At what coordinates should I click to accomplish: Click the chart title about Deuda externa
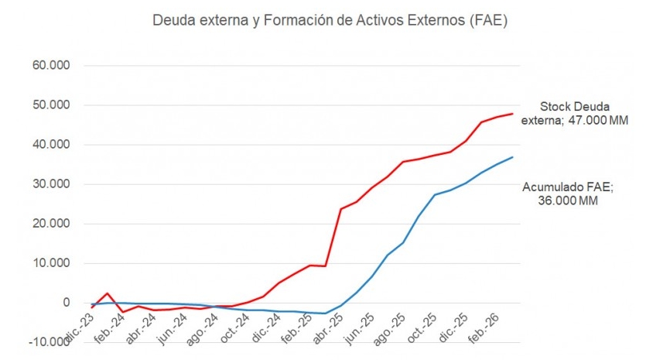coord(331,21)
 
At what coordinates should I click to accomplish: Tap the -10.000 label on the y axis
coord(49,342)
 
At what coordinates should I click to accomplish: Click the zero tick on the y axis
coord(66,303)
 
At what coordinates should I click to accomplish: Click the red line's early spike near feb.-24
coord(108,293)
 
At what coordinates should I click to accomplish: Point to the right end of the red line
coord(512,114)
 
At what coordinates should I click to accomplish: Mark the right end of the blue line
coord(512,157)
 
